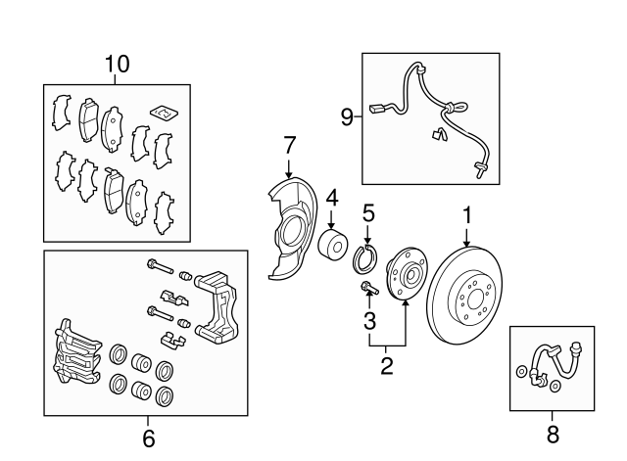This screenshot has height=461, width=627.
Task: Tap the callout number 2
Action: (x=387, y=366)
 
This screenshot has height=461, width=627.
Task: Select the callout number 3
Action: (x=369, y=320)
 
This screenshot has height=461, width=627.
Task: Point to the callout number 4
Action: (x=332, y=198)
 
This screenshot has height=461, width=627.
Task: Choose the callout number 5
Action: (x=368, y=212)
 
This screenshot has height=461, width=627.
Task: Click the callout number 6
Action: (x=149, y=438)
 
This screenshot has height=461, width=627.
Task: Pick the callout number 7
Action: (x=289, y=146)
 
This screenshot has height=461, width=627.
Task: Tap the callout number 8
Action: (x=553, y=433)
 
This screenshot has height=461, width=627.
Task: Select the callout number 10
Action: (x=117, y=65)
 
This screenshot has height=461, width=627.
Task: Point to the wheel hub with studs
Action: (x=404, y=278)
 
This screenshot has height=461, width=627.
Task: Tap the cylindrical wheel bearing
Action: (x=333, y=246)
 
